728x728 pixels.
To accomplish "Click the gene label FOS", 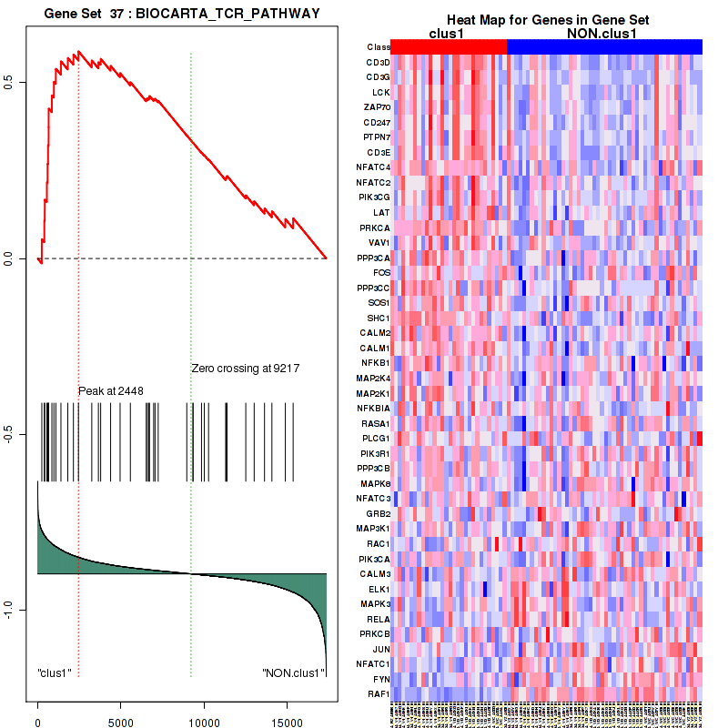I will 382,272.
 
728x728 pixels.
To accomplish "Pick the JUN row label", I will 382,649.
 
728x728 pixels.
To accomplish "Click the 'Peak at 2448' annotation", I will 111,391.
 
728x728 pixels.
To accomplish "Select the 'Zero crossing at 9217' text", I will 246,369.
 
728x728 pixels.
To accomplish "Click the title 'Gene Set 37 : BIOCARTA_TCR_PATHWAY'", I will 182,11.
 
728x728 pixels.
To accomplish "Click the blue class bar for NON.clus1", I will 604,46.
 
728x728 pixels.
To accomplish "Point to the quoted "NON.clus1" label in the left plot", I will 293,673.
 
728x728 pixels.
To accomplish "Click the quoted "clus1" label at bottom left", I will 55,673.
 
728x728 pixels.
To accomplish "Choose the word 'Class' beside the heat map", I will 379,47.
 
